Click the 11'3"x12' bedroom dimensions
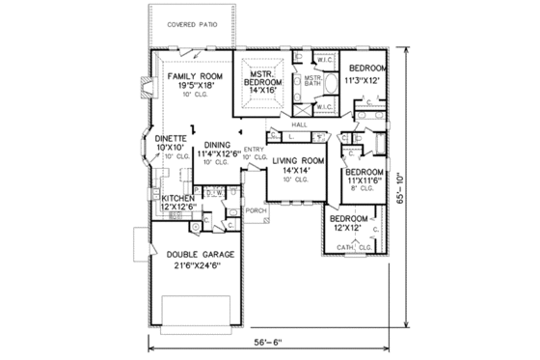coord(366,81)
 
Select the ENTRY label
coord(254,149)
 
